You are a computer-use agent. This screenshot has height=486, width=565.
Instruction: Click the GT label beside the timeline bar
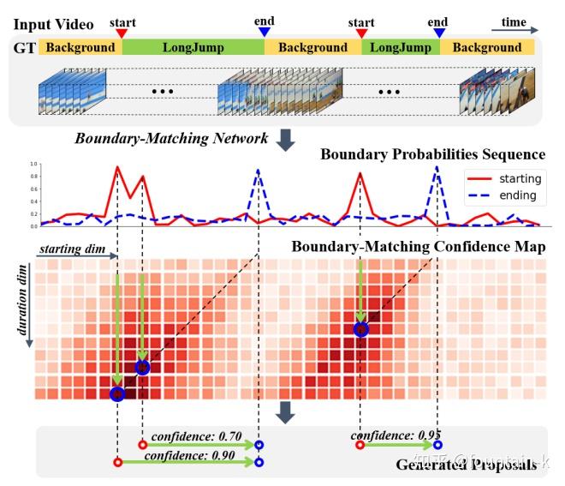(23, 47)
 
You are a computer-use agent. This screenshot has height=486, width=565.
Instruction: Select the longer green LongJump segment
(193, 47)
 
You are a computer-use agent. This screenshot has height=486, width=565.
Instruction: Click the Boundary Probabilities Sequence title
(432, 154)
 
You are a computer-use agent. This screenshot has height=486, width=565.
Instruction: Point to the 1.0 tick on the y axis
(33, 164)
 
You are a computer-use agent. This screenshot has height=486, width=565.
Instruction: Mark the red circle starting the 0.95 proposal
(360, 445)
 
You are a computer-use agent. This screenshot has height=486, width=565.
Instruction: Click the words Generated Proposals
(467, 465)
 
